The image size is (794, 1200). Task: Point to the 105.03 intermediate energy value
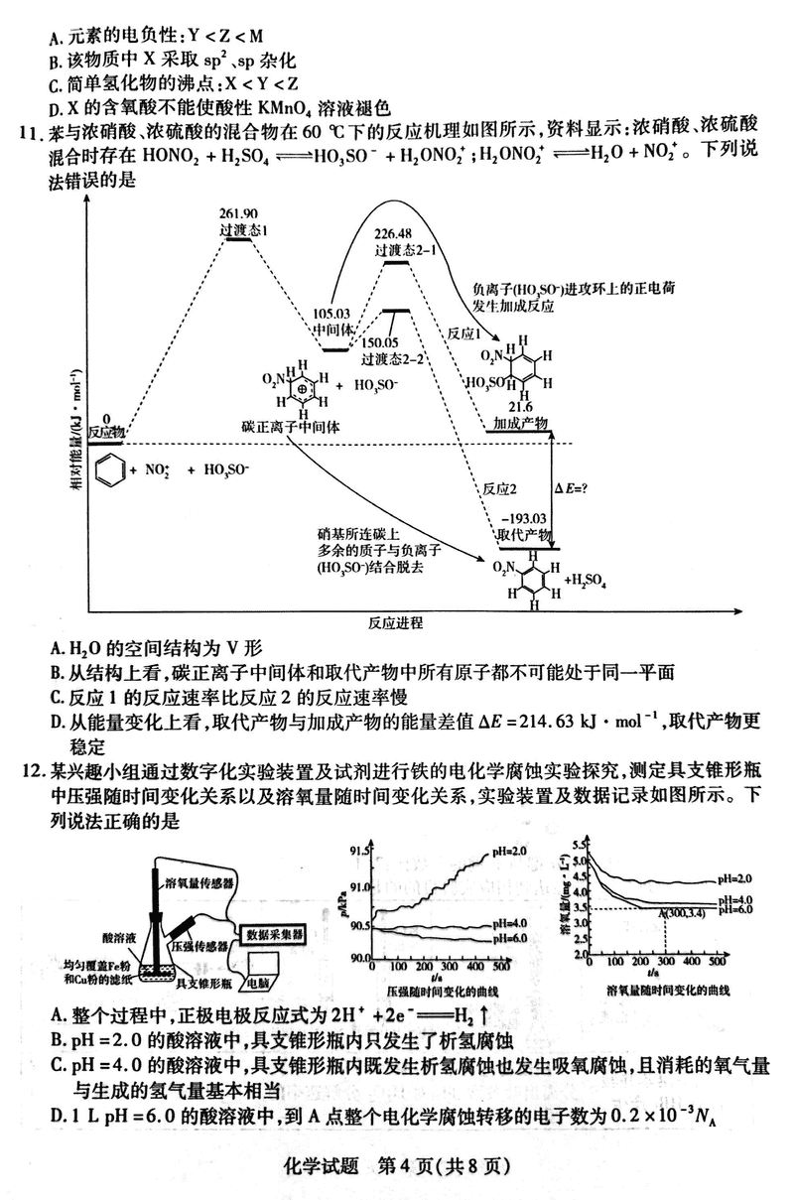coord(331,313)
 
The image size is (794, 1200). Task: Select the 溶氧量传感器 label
coord(200,882)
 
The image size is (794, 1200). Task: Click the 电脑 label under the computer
coord(260,983)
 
